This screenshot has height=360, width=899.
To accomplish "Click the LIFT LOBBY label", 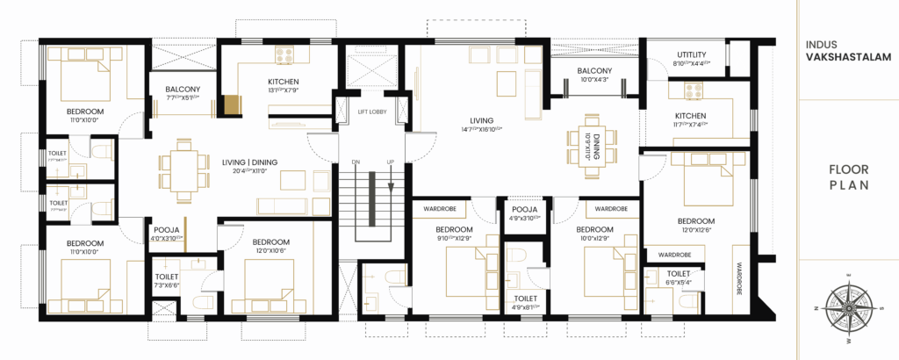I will coord(373,112).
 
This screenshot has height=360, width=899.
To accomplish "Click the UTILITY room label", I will coord(698,54).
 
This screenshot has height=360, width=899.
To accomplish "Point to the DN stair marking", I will coord(356,162).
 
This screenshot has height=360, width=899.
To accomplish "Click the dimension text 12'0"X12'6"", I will coord(695,231).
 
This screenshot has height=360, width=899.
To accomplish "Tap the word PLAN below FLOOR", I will coord(848,185).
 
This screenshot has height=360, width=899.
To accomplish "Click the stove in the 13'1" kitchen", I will coord(284,55).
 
